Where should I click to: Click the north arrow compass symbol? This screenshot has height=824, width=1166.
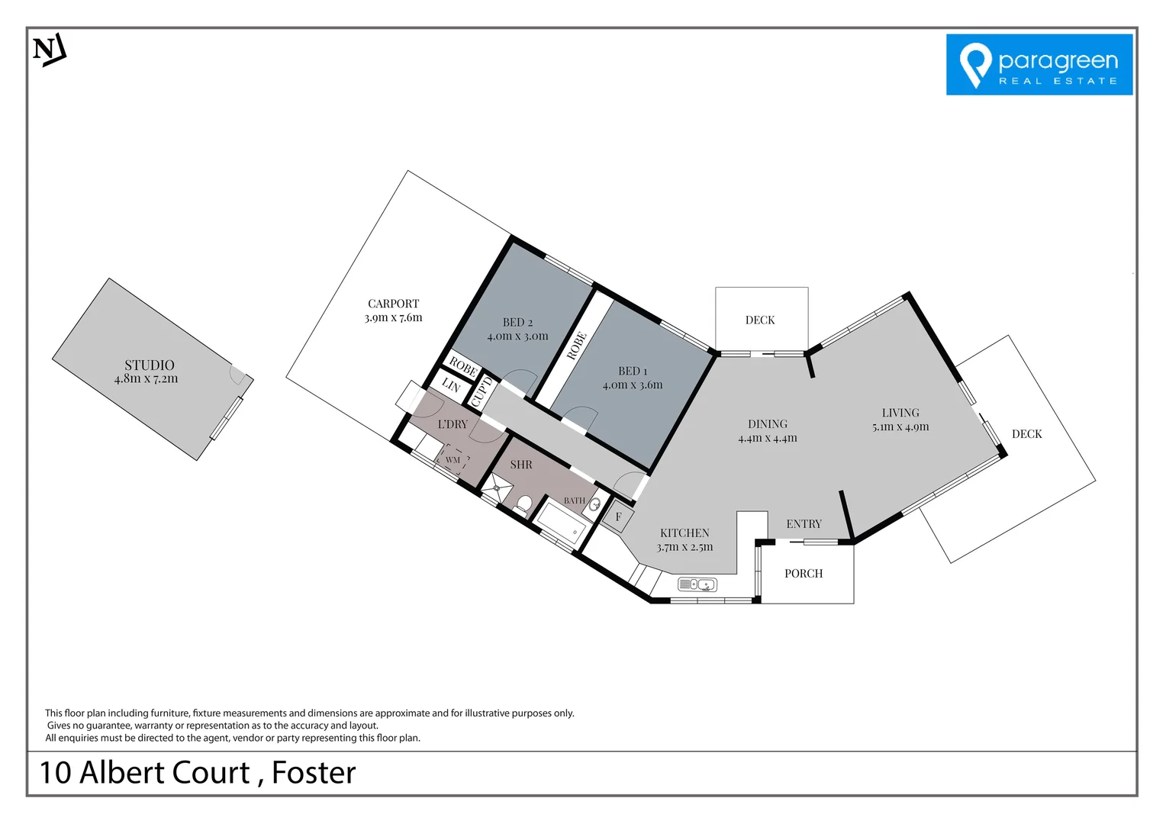pyautogui.click(x=50, y=50)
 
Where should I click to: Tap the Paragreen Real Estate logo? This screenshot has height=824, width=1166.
pyautogui.click(x=1039, y=65)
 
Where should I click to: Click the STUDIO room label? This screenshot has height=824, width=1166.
pyautogui.click(x=150, y=365)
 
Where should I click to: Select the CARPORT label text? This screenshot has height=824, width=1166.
pyautogui.click(x=393, y=304)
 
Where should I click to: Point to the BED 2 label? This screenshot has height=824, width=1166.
pyautogui.click(x=517, y=323)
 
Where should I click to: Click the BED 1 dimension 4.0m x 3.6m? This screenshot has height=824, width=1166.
pyautogui.click(x=633, y=385)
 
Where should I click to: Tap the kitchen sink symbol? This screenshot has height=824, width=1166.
pyautogui.click(x=697, y=585)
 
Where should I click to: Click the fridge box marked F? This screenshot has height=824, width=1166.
pyautogui.click(x=618, y=517)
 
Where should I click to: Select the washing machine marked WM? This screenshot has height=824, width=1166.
pyautogui.click(x=453, y=460)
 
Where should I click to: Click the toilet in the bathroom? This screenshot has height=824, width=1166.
pyautogui.click(x=523, y=504)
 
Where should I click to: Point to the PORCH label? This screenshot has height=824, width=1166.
pyautogui.click(x=804, y=574)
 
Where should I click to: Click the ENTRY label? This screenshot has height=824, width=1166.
pyautogui.click(x=804, y=524)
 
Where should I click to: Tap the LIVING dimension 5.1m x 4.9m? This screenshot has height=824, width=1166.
pyautogui.click(x=900, y=427)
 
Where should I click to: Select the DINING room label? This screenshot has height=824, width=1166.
pyautogui.click(x=768, y=424)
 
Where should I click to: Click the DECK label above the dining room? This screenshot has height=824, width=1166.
pyautogui.click(x=760, y=320)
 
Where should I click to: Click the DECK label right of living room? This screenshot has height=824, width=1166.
pyautogui.click(x=1026, y=434)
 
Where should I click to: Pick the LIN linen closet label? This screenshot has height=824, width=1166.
pyautogui.click(x=451, y=386)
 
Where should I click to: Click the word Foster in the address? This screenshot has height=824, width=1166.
pyautogui.click(x=314, y=773)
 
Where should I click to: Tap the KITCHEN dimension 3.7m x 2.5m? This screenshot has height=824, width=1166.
pyautogui.click(x=684, y=547)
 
